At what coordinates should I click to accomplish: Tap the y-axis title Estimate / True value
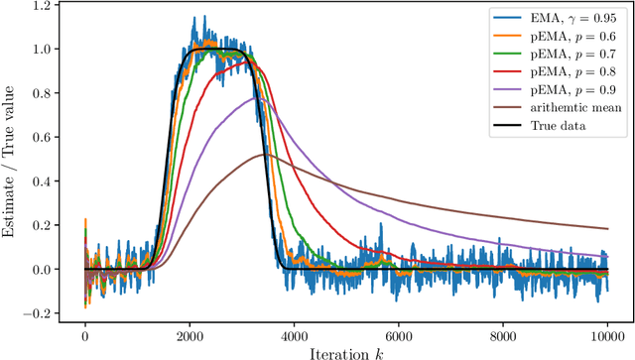coord(13,160)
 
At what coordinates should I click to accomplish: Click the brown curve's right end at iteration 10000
coord(606,229)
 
